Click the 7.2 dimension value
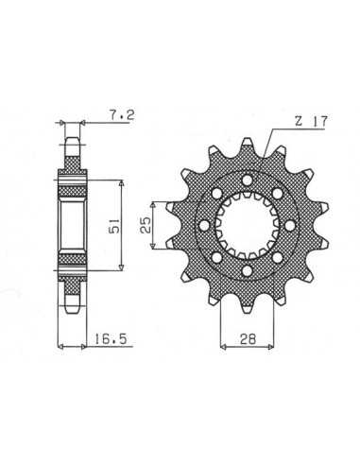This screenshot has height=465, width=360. click(x=122, y=115)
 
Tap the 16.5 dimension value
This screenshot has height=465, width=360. click(x=111, y=339)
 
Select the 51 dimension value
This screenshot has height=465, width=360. click(x=113, y=226)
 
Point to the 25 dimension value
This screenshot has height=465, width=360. click(x=146, y=225)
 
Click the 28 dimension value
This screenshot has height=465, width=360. click(x=248, y=339)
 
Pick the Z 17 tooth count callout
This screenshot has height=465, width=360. click(x=311, y=121)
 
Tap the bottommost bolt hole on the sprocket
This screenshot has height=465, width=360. click(x=248, y=270)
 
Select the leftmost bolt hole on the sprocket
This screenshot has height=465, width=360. click(x=205, y=225)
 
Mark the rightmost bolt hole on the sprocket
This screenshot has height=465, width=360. click(x=290, y=225)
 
